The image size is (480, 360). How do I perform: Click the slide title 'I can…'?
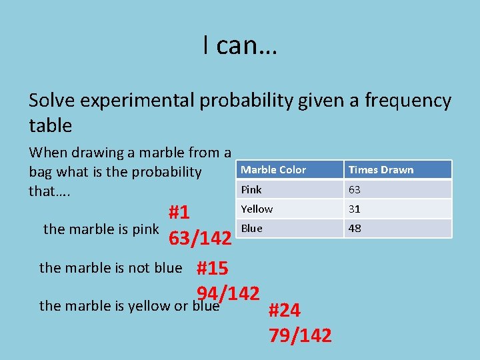click(240, 45)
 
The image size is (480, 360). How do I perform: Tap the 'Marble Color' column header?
click(273, 169)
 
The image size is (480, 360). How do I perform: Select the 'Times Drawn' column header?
click(381, 169)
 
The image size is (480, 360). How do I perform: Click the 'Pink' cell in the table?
click(251, 189)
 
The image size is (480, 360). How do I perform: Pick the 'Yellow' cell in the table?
click(257, 209)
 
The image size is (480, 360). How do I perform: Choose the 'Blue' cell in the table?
click(251, 228)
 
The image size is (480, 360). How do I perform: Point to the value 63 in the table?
click(355, 189)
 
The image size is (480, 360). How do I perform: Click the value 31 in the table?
click(355, 209)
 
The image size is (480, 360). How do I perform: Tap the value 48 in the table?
click(355, 228)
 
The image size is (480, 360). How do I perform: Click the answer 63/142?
click(200, 238)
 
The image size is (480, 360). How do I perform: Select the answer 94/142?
click(227, 293)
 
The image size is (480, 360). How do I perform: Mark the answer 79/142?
click(300, 335)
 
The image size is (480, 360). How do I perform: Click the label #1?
click(179, 213)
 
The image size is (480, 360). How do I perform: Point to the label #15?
click(212, 269)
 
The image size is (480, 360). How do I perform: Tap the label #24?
click(285, 311)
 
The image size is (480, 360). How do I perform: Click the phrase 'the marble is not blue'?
click(111, 268)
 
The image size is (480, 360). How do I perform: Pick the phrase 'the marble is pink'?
click(101, 229)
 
